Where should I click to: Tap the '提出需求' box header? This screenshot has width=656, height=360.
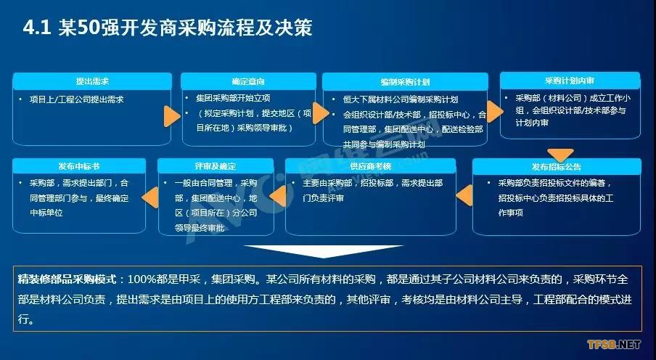tap(92, 81)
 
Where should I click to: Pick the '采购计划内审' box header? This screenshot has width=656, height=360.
tap(568, 81)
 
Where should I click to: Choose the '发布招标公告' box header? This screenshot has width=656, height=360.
tap(555, 167)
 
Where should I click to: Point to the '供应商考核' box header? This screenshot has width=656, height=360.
tap(370, 166)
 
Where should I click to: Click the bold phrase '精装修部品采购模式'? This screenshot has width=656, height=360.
tap(67, 279)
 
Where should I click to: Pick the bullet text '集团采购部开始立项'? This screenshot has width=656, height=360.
tap(231, 97)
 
